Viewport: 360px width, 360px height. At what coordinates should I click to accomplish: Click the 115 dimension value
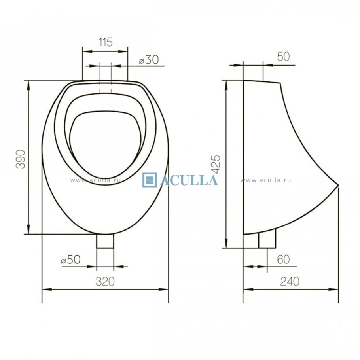105,42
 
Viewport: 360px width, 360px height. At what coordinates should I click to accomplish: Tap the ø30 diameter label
149,60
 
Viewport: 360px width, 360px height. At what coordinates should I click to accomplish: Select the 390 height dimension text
21,159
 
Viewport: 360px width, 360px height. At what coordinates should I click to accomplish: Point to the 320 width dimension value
105,281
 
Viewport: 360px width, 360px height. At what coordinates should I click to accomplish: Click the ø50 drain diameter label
71,260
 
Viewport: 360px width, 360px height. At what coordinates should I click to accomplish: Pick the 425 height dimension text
216,164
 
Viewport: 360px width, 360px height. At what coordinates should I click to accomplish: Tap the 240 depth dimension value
290,281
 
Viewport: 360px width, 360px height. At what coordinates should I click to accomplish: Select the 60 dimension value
283,260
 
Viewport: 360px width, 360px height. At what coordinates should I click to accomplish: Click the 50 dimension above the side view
283,57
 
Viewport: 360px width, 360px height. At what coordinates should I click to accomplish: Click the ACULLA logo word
189,180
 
